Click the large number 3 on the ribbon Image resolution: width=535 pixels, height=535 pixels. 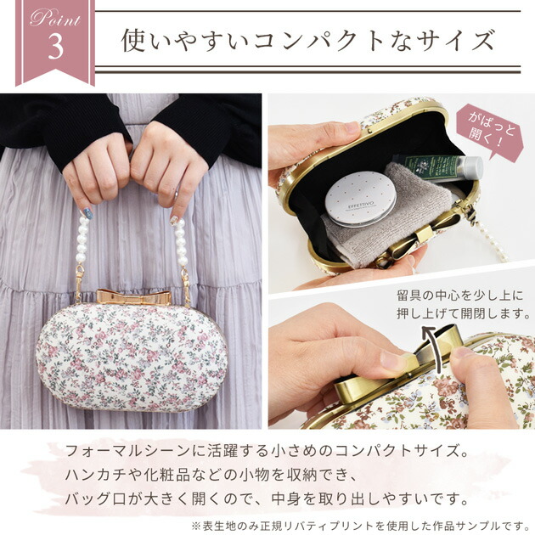56,47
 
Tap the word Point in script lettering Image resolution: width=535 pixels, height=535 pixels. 56,19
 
